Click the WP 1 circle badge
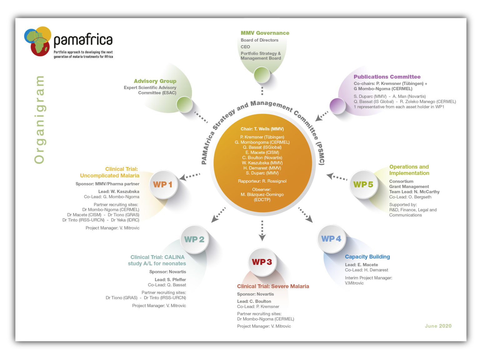163,185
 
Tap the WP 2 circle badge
194,239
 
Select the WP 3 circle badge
262,262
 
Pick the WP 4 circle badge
331,239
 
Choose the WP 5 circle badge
363,185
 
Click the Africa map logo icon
37,41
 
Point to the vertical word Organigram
39,120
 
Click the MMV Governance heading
265,33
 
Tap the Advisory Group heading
155,81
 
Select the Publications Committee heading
387,77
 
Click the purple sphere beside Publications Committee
337,106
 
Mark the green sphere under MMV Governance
262,75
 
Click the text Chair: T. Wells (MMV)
262,129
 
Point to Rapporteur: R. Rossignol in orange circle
262,181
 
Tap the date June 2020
438,326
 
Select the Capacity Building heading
367,257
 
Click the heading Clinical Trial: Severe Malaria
273,286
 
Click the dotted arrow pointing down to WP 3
262,231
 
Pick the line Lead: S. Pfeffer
170,280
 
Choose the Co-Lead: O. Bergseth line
410,197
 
